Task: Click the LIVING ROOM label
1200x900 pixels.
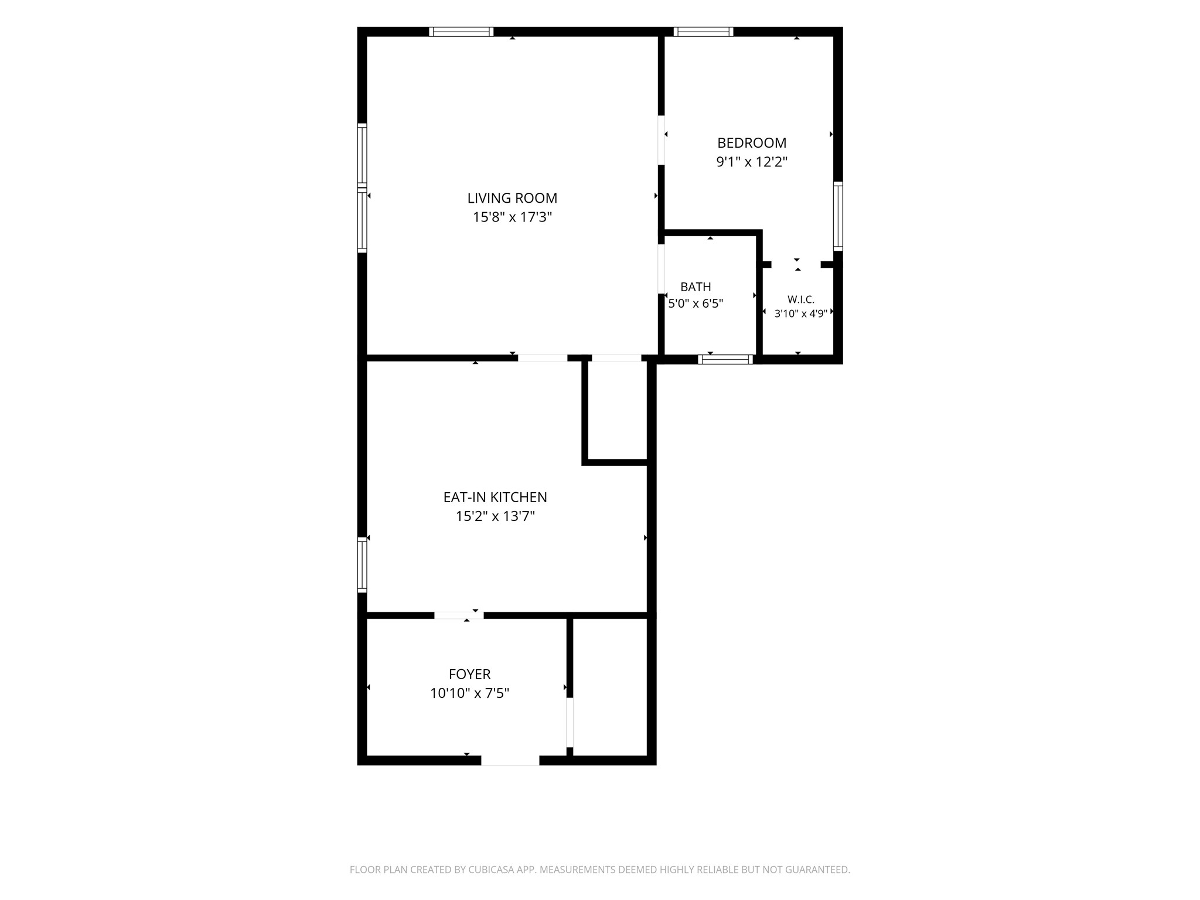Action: (x=512, y=198)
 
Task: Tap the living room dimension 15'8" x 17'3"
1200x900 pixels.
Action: (x=512, y=217)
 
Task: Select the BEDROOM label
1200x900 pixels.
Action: (x=752, y=143)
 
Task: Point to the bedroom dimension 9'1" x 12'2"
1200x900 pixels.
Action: (x=752, y=162)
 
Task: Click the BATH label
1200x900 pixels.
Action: (x=696, y=287)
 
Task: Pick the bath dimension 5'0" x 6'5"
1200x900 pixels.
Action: (x=696, y=304)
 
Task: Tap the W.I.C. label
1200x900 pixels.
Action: (x=800, y=299)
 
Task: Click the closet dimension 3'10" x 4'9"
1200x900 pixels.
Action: (x=800, y=313)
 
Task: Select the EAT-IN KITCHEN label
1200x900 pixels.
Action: (x=495, y=497)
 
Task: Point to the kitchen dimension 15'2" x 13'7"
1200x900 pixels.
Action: (x=495, y=516)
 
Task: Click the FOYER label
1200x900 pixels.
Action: (x=469, y=674)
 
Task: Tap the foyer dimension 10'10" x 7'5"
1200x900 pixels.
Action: (x=469, y=693)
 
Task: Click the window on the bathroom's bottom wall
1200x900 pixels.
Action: (x=725, y=360)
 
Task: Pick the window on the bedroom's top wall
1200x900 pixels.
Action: (x=703, y=32)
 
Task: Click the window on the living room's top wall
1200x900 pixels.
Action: (x=461, y=32)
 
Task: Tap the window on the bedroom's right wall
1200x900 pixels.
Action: (x=838, y=216)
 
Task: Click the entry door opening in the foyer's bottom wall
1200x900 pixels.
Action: (x=510, y=761)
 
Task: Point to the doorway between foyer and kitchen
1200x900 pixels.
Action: (x=459, y=615)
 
